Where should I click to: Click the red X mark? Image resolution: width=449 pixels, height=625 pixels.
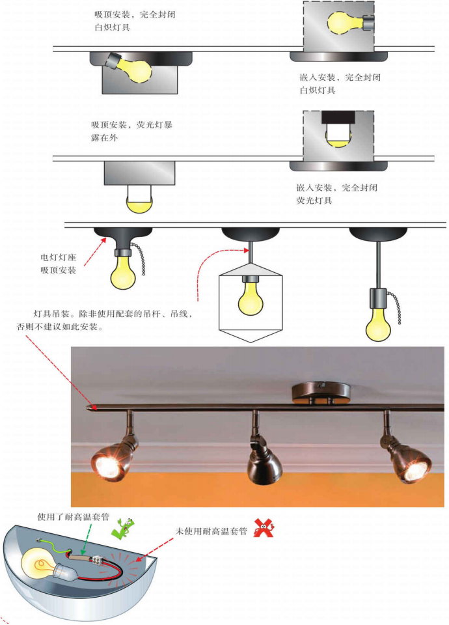[x=264, y=528]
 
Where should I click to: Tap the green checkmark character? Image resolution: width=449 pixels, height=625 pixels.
[x=123, y=529]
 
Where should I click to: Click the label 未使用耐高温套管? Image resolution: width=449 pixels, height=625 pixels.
[x=211, y=531]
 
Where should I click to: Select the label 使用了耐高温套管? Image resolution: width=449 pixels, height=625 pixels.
[x=74, y=518]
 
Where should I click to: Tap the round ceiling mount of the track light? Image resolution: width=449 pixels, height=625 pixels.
[x=321, y=393]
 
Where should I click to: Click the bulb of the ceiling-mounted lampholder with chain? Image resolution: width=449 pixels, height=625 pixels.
[x=123, y=272]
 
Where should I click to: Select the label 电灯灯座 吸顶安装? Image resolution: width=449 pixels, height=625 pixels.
[x=58, y=264]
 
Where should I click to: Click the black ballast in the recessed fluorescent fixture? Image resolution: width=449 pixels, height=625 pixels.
[x=338, y=117]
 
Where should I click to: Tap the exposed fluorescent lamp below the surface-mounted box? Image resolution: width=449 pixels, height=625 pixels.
[x=139, y=199]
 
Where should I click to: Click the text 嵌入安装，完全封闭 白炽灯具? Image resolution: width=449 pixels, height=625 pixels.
[x=340, y=84]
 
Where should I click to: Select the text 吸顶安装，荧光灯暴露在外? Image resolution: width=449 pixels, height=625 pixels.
[x=131, y=131]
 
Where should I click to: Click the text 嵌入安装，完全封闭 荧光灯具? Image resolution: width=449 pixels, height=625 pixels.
[x=336, y=194]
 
